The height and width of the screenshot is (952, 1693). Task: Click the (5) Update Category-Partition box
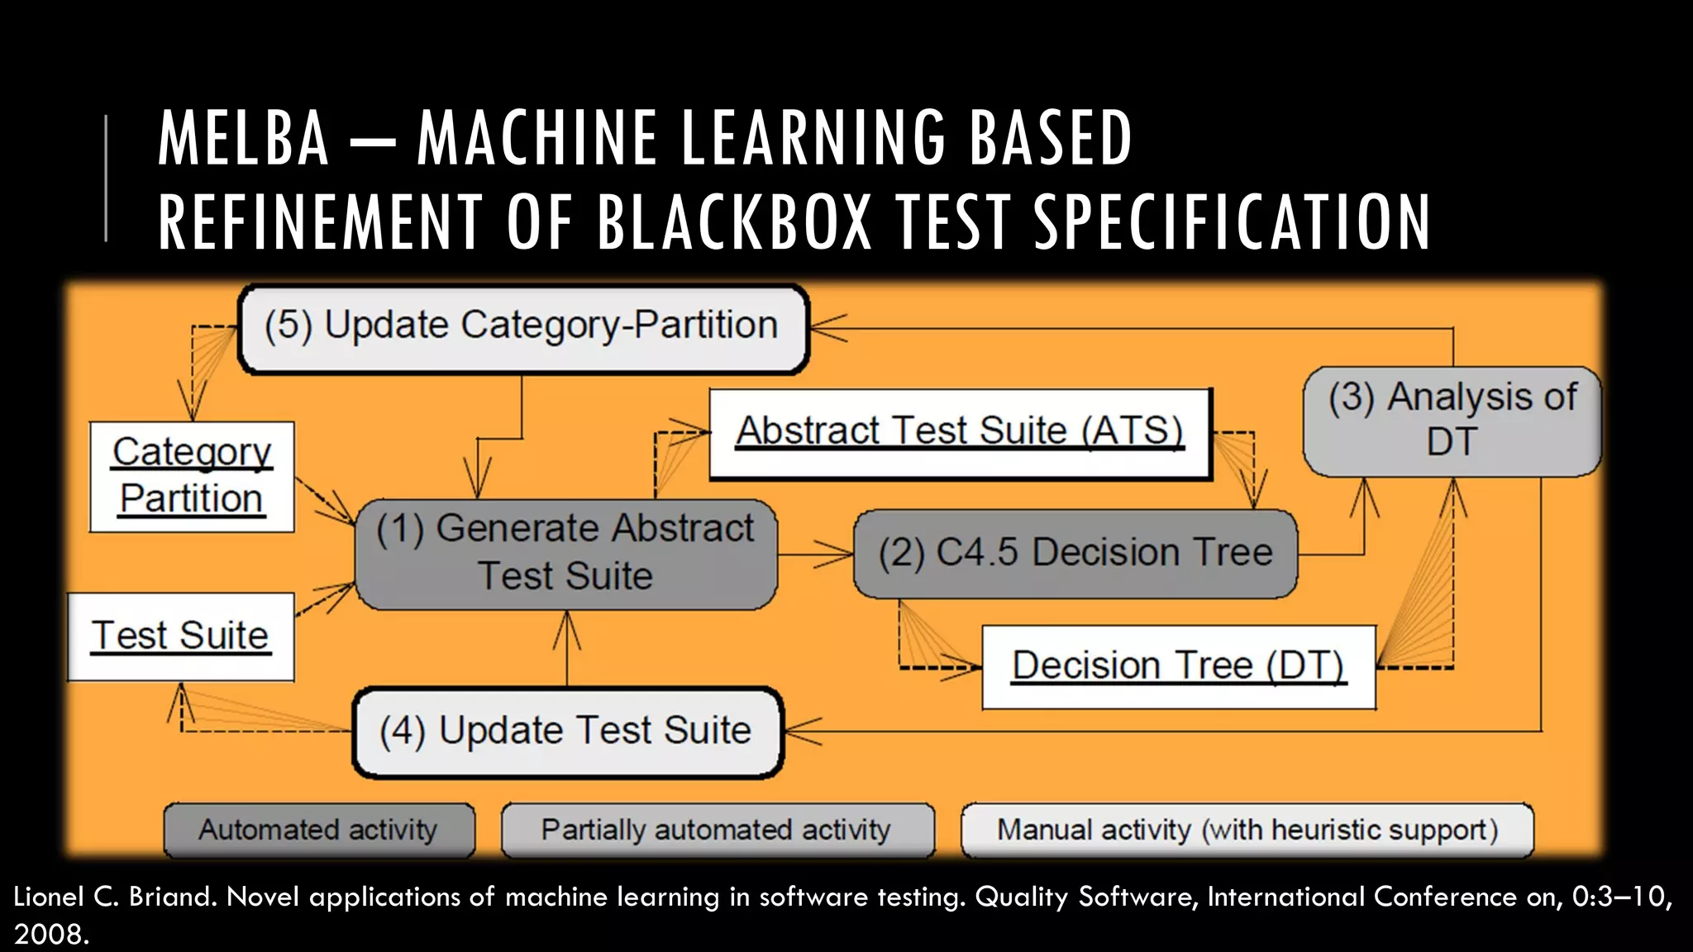click(x=522, y=328)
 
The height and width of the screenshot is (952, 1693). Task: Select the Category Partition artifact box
click(x=192, y=476)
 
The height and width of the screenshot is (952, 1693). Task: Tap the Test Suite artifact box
click(x=180, y=636)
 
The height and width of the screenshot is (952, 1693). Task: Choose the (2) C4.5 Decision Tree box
click(x=1075, y=553)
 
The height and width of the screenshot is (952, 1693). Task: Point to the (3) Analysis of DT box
click(x=1452, y=420)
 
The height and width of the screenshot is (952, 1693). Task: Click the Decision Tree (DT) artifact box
click(x=1179, y=666)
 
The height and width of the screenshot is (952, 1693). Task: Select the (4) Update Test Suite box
click(x=567, y=731)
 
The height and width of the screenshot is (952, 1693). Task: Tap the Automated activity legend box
click(x=319, y=830)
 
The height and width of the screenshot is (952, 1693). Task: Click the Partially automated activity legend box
click(x=717, y=830)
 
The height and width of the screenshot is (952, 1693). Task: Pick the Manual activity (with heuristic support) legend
click(x=1247, y=830)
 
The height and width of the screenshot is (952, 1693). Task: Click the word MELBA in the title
click(x=244, y=139)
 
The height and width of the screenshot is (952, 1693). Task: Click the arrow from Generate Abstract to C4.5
click(x=815, y=554)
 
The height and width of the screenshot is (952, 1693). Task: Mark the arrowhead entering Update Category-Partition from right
click(x=827, y=328)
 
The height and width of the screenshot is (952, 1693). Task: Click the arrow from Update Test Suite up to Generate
click(x=567, y=649)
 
